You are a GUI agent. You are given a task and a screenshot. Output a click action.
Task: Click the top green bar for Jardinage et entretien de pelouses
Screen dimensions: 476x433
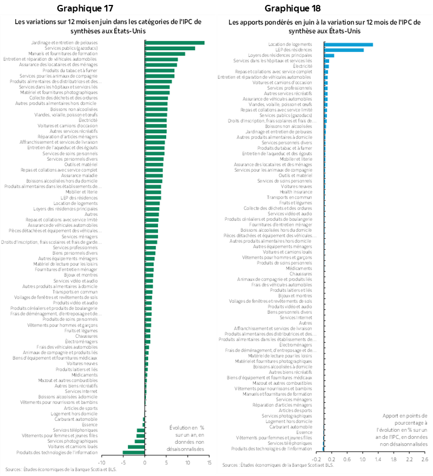tap(174, 43)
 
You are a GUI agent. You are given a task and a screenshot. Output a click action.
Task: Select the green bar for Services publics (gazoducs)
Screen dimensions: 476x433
tap(169, 48)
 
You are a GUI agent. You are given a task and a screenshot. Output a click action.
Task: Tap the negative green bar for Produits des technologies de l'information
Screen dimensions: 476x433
tap(133, 452)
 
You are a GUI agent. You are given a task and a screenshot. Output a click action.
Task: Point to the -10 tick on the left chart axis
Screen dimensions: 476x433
tap(102, 462)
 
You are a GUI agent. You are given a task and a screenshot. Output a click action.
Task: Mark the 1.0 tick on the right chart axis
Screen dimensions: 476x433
tap(362, 459)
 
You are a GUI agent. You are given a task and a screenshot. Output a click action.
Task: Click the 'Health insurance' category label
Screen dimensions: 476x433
tap(296, 192)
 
